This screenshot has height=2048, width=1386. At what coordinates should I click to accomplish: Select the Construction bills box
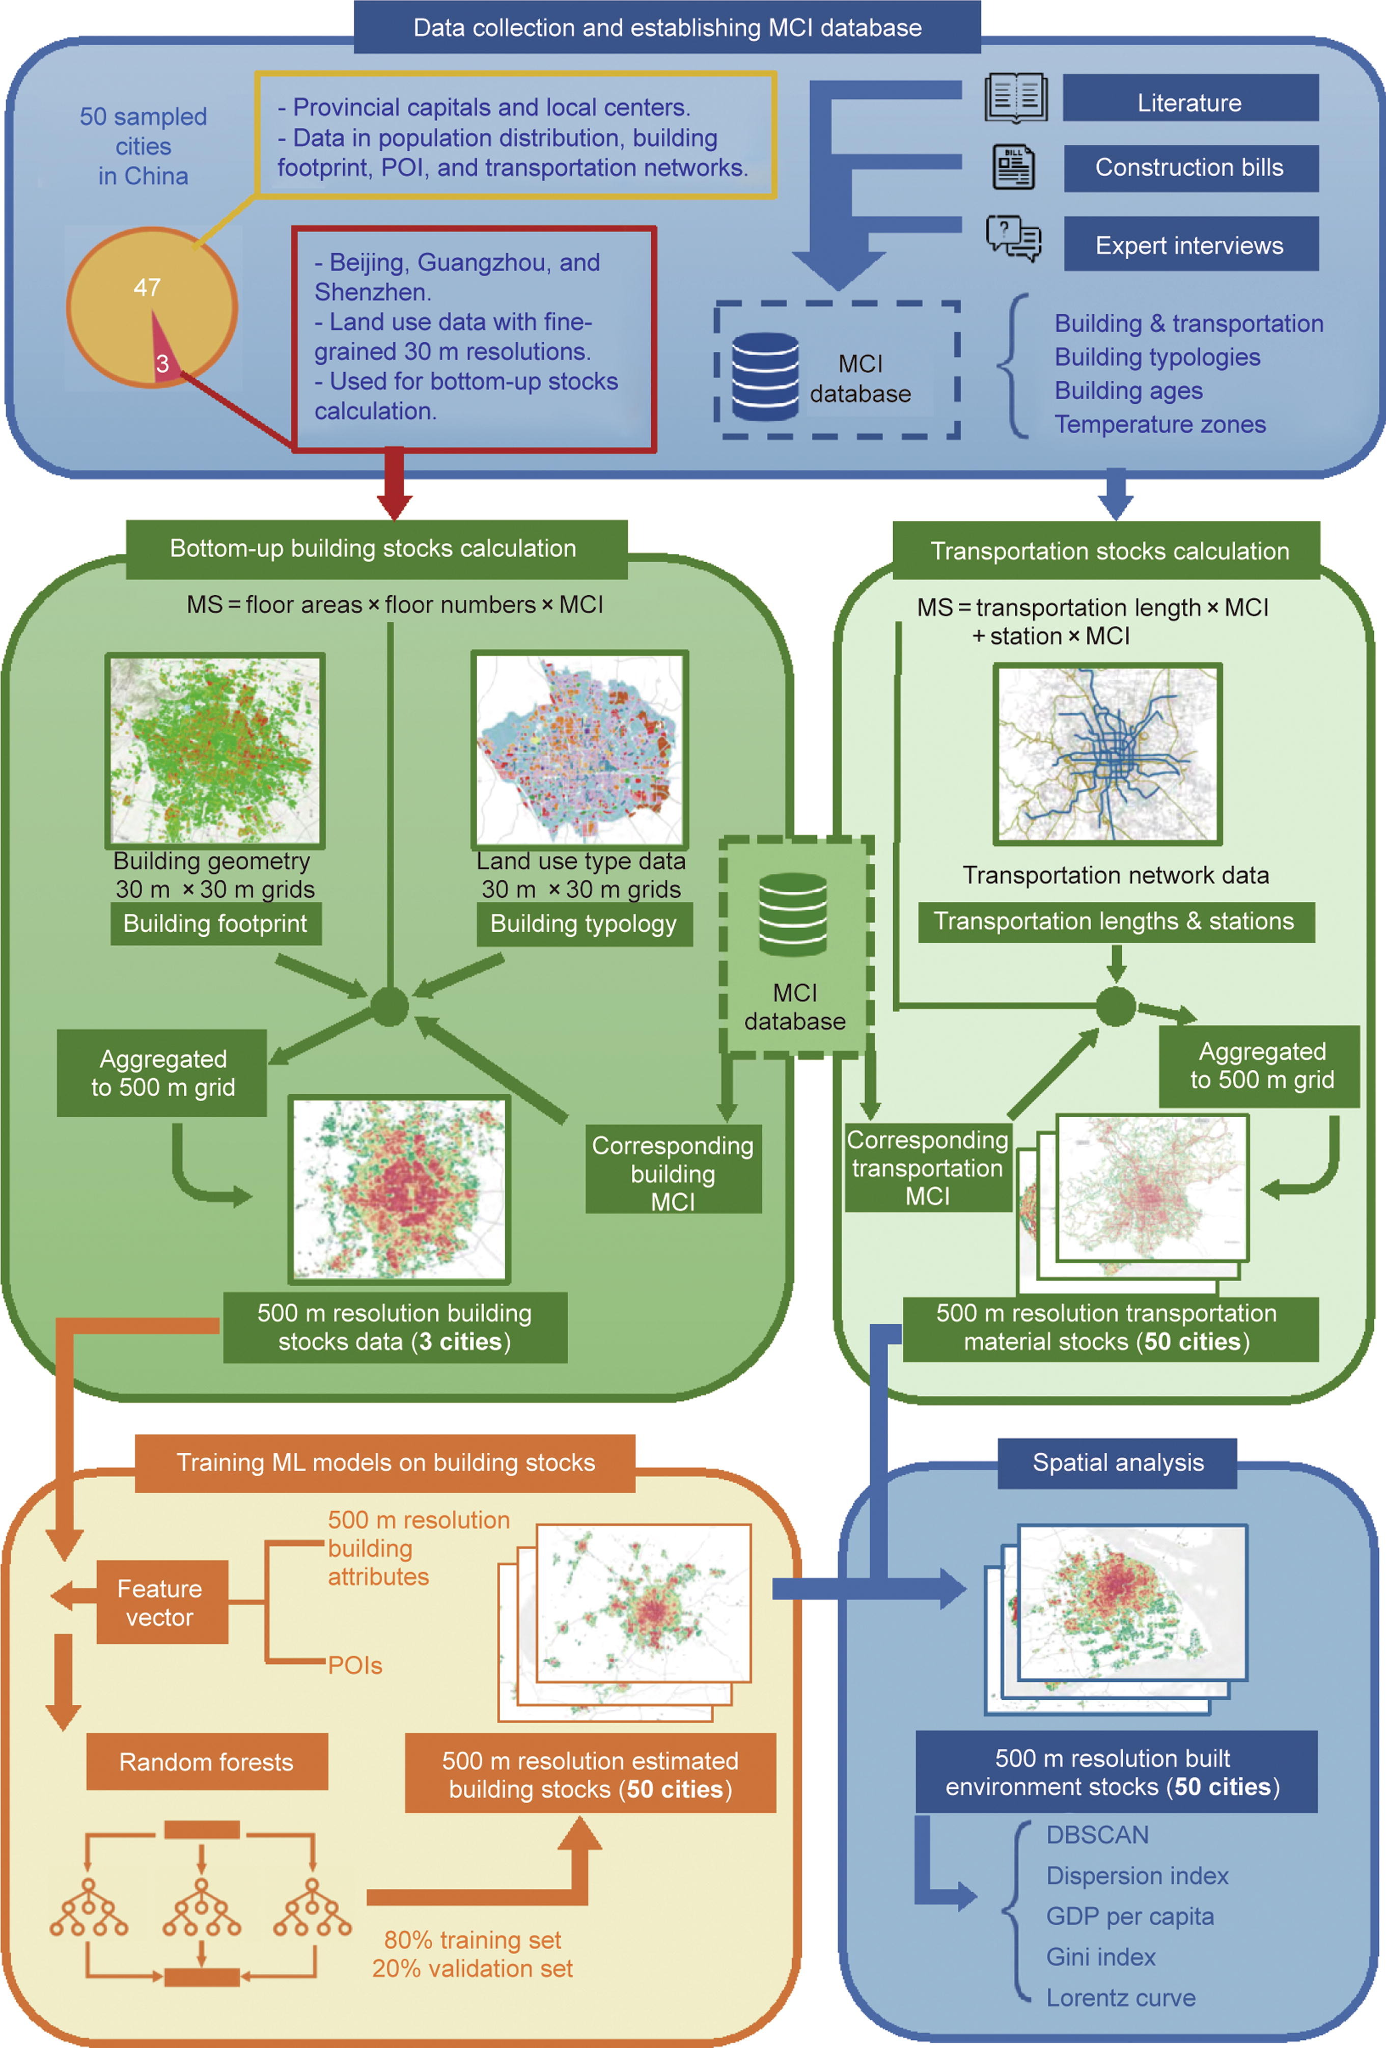point(1189,168)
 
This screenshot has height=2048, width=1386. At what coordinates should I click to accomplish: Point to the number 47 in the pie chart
point(147,287)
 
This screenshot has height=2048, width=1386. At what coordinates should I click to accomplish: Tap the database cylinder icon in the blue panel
point(765,376)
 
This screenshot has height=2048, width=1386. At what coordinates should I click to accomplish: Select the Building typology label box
point(584,924)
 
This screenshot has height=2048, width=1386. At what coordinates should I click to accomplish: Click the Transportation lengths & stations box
point(1115,922)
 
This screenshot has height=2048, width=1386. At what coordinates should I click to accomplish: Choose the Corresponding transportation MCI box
point(928,1168)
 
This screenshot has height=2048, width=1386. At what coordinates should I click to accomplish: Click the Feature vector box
point(160,1602)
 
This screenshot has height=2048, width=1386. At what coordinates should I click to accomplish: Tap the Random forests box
point(206,1762)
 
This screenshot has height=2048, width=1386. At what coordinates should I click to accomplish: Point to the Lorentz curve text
point(1121,1998)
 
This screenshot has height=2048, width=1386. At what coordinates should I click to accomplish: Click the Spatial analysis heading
point(1117,1463)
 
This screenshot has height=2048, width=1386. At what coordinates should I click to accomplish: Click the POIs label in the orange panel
point(355,1666)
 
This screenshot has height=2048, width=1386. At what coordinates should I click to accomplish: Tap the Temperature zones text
point(1159,425)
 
